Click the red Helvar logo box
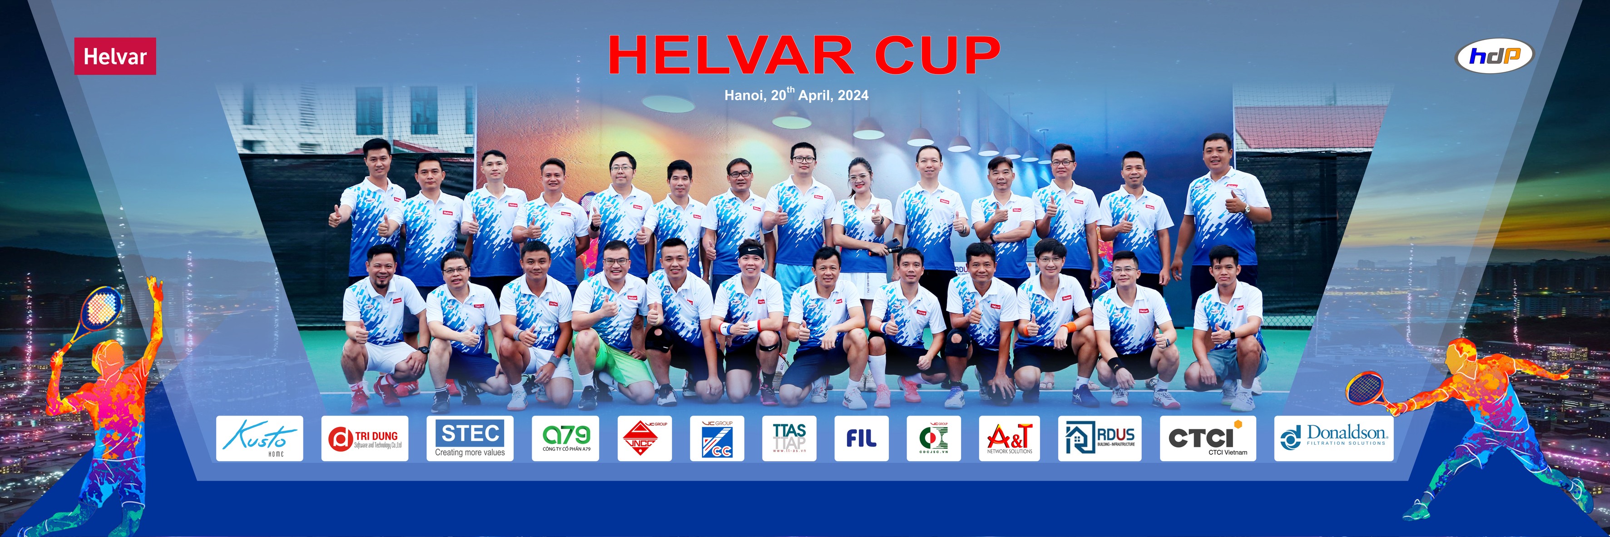coord(115,56)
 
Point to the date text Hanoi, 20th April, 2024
coord(796,95)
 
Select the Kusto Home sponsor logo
coord(259,438)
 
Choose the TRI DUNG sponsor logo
coord(364,438)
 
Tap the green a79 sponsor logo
coord(565,438)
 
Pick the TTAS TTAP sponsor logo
coord(789,438)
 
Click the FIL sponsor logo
coord(861,438)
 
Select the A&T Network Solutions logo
coord(1009,438)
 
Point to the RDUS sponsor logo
coord(1100,438)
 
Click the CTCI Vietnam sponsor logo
coord(1208,438)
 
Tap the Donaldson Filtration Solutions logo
coord(1333,438)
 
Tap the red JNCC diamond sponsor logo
coord(644,438)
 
